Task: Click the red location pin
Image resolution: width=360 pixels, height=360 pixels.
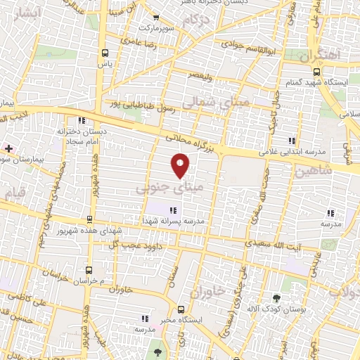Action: (x=181, y=165)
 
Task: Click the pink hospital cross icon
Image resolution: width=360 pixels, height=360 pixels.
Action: (x=8, y=148)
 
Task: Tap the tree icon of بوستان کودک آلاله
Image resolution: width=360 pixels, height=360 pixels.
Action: (x=276, y=298)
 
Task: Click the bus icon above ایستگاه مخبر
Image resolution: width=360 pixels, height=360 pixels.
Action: (x=181, y=309)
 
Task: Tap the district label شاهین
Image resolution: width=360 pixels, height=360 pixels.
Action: (x=314, y=171)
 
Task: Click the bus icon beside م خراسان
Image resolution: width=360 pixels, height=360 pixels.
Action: (x=89, y=269)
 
